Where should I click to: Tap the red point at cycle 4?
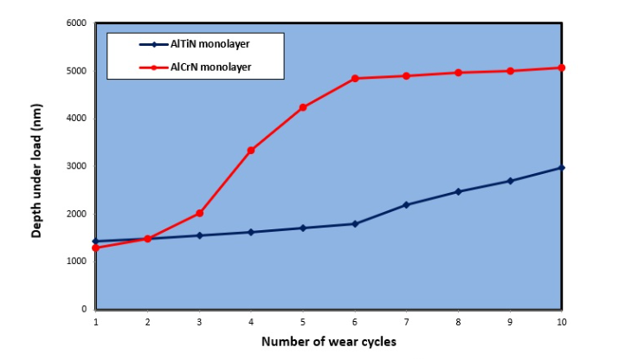pyautogui.click(x=251, y=151)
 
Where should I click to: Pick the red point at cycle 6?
pyautogui.click(x=355, y=79)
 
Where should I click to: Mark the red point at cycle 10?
pyautogui.click(x=563, y=67)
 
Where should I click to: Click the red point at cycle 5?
pyautogui.click(x=303, y=107)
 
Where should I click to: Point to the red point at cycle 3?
pyautogui.click(x=199, y=213)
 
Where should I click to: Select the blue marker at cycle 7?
pyautogui.click(x=407, y=205)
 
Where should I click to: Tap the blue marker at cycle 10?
pyautogui.click(x=563, y=167)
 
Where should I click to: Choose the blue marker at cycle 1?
pyautogui.click(x=95, y=241)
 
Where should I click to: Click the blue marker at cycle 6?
pyautogui.click(x=355, y=224)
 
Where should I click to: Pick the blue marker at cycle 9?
pyautogui.click(x=511, y=181)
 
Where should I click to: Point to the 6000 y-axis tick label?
pyautogui.click(x=77, y=22)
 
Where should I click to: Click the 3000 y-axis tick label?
pyautogui.click(x=77, y=166)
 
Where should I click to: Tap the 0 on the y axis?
pyautogui.click(x=85, y=309)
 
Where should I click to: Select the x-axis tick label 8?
pyautogui.click(x=459, y=321)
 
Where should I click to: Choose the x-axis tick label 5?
pyautogui.click(x=303, y=321)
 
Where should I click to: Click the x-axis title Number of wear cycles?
pyautogui.click(x=329, y=342)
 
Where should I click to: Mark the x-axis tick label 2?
pyautogui.click(x=147, y=321)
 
